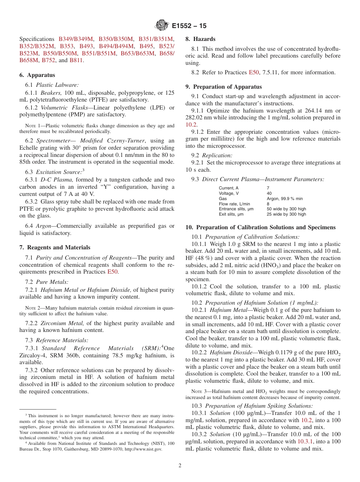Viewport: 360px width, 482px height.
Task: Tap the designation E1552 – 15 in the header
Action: point(189,26)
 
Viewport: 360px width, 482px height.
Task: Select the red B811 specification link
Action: point(77,60)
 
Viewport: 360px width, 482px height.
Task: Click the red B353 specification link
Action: point(67,46)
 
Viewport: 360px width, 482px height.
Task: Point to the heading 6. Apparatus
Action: point(37,75)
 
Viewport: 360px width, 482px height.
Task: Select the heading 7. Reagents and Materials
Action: point(55,247)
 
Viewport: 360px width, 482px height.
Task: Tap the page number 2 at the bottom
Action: point(180,466)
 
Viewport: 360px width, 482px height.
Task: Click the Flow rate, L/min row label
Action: point(232,204)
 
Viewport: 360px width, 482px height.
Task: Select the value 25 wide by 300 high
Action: point(286,214)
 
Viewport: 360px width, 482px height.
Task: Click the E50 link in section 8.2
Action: point(254,72)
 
